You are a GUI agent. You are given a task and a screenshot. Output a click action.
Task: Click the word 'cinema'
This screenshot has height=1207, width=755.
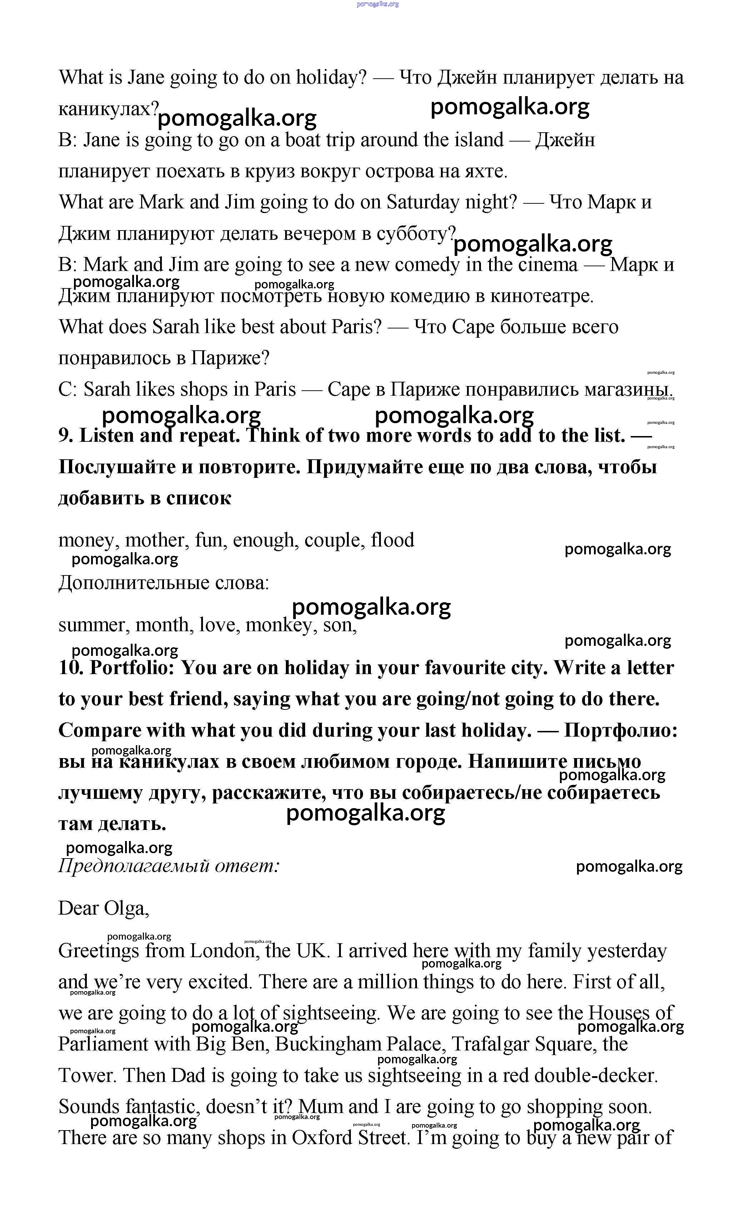547,265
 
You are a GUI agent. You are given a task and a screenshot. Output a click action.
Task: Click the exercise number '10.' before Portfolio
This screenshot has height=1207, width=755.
70,668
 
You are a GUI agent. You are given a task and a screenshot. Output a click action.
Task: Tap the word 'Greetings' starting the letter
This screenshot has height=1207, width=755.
98,950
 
